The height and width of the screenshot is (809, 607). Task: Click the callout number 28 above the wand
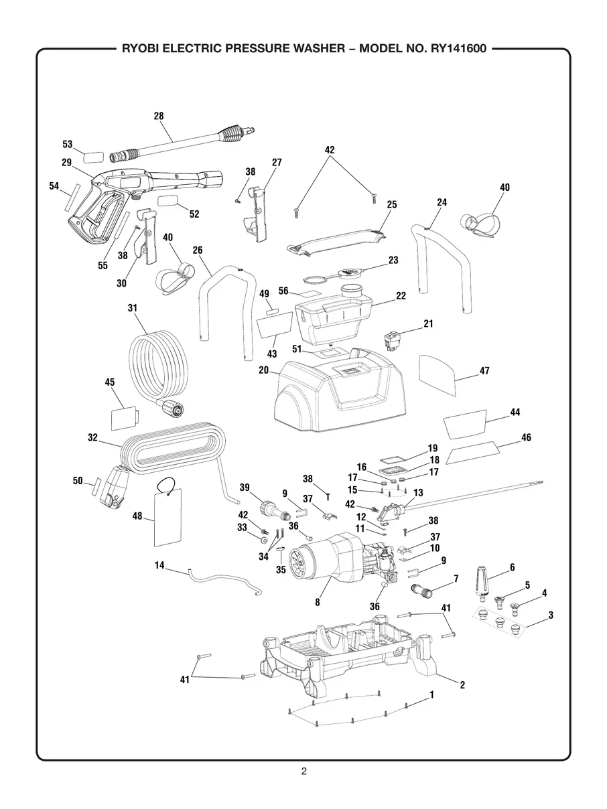158,116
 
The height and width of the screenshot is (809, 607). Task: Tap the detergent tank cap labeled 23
350,271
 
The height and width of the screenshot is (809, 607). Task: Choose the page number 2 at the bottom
303,771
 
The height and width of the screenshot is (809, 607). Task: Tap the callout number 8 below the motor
317,602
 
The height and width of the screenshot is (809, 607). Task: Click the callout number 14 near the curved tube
159,565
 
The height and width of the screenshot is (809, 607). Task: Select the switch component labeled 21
395,338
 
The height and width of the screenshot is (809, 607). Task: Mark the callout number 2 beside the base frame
462,684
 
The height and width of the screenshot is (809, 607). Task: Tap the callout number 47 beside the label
484,370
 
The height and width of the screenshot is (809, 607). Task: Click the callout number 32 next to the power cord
92,437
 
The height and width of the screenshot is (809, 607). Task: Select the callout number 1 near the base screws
431,695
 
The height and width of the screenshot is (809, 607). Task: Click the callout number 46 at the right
526,437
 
